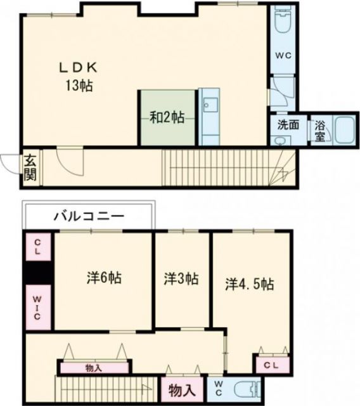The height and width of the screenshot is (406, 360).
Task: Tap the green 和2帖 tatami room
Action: click(167, 117)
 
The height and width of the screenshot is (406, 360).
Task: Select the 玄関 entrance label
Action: click(30, 167)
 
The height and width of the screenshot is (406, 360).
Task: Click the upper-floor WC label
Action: click(283, 55)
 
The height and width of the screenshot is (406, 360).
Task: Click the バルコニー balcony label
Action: click(88, 216)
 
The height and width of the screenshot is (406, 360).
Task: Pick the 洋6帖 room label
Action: click(104, 278)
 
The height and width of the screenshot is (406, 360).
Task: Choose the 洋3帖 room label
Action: click(181, 278)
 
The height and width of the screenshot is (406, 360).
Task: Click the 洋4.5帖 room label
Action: click(250, 284)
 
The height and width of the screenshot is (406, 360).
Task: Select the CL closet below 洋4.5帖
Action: click(271, 365)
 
